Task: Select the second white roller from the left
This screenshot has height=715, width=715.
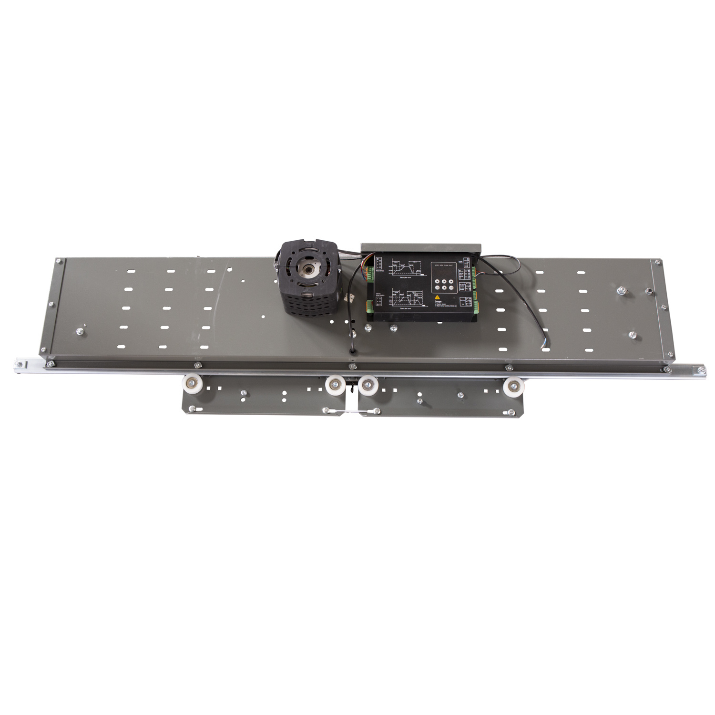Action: click(335, 384)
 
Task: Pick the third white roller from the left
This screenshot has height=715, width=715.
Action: click(368, 385)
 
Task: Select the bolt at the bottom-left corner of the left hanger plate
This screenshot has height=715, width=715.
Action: click(192, 409)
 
